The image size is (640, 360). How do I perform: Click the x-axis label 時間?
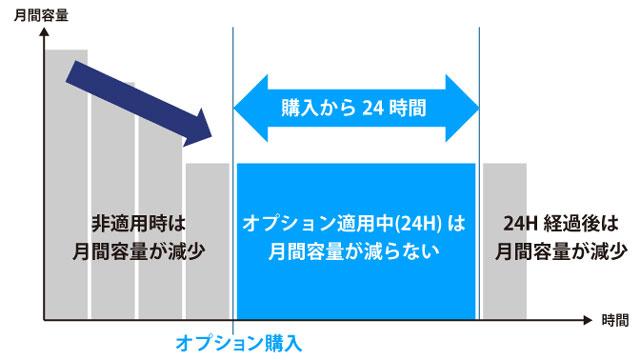(x=615, y=321)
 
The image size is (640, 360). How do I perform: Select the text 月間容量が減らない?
(x=355, y=250)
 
